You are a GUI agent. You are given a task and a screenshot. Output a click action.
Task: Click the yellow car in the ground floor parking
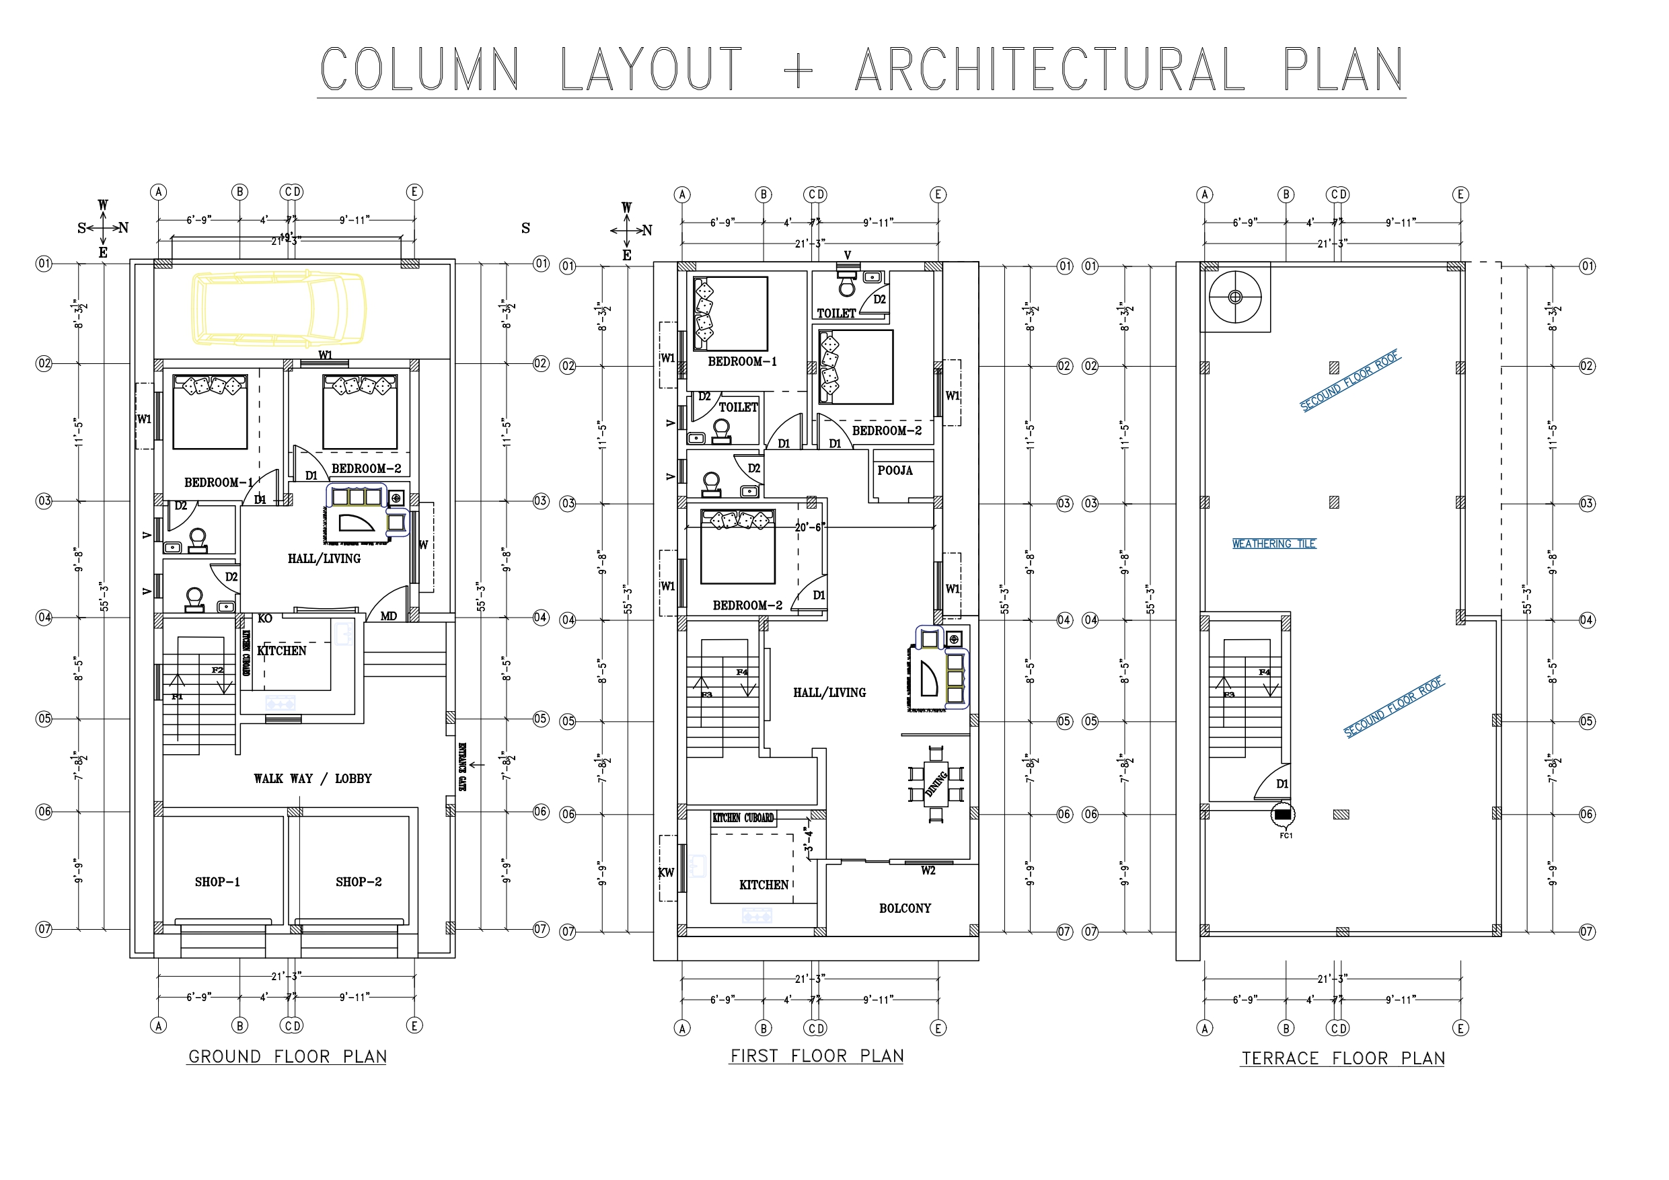(x=279, y=307)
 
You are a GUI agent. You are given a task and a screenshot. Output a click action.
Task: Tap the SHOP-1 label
(x=217, y=882)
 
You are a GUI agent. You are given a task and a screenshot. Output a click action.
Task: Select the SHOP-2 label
(x=359, y=882)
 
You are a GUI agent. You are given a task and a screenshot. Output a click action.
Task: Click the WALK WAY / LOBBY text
(x=313, y=778)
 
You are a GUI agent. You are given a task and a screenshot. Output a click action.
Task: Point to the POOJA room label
(x=895, y=470)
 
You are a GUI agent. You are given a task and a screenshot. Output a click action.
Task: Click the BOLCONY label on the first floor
(x=905, y=908)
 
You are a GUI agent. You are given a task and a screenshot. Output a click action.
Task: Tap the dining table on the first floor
(x=936, y=784)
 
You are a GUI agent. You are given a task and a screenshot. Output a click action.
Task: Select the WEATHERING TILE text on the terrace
(x=1273, y=544)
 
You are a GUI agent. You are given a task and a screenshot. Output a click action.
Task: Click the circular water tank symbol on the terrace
(x=1235, y=297)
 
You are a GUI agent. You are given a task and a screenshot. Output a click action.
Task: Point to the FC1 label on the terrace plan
(x=1286, y=836)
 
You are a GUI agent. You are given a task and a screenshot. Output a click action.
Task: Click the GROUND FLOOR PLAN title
(x=287, y=1056)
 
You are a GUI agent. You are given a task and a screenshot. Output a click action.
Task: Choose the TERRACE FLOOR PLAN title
(x=1343, y=1059)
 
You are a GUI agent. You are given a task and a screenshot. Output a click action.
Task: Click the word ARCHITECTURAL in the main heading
(x=1049, y=70)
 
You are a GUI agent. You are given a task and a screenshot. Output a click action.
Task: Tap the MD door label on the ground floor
(x=389, y=616)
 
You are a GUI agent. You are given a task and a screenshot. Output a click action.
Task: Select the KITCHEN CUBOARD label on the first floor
(x=743, y=818)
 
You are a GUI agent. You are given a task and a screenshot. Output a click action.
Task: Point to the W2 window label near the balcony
(x=928, y=871)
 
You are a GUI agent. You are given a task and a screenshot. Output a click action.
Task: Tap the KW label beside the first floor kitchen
(x=666, y=873)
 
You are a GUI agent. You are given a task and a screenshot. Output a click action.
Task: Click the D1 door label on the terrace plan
(x=1282, y=784)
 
